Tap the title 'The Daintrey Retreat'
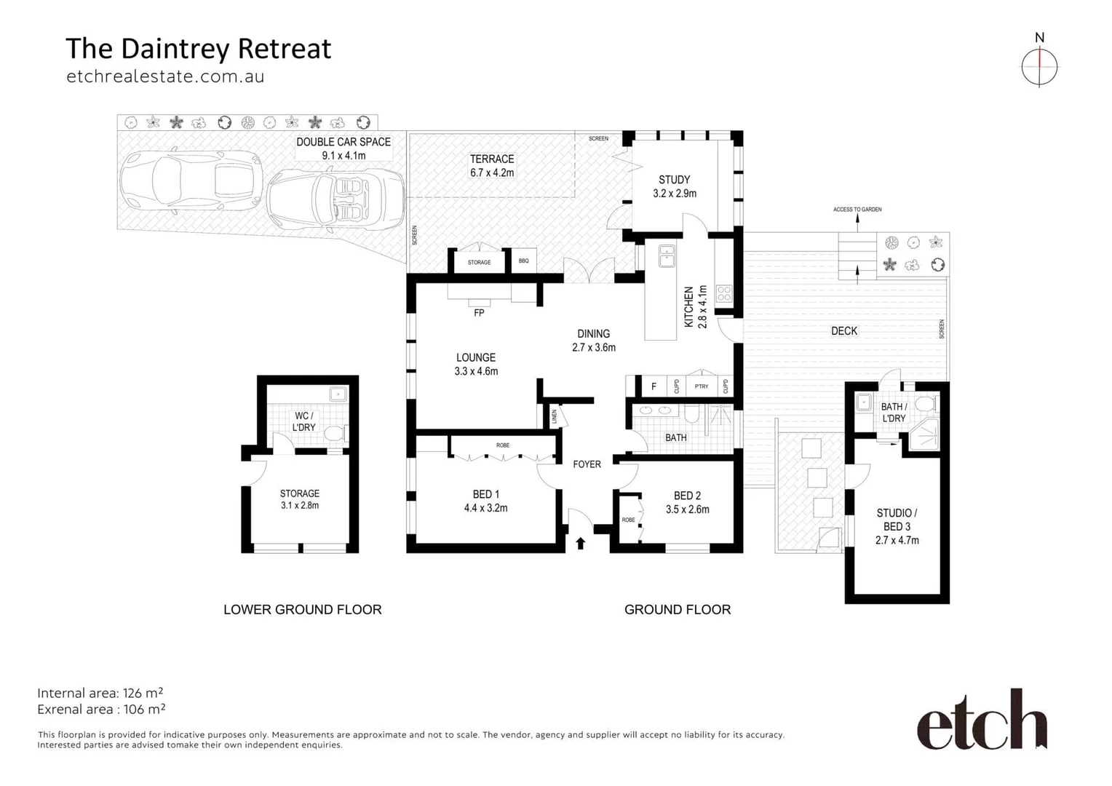pos(198,49)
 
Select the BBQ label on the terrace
pos(524,261)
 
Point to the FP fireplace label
pos(479,313)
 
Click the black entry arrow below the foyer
pos(581,543)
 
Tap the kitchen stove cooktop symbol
pos(724,293)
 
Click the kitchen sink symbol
pos(667,255)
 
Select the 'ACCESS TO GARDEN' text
pos(857,210)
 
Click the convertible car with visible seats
pos(335,199)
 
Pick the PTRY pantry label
pos(702,386)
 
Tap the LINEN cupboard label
pos(555,417)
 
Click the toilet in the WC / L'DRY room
pos(335,434)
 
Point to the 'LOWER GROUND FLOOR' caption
pos(302,610)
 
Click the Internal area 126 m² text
pos(100,693)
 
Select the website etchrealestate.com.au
pos(165,76)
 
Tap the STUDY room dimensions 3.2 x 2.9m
pos(675,194)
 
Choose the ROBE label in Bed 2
pos(628,520)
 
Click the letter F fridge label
pos(654,386)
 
